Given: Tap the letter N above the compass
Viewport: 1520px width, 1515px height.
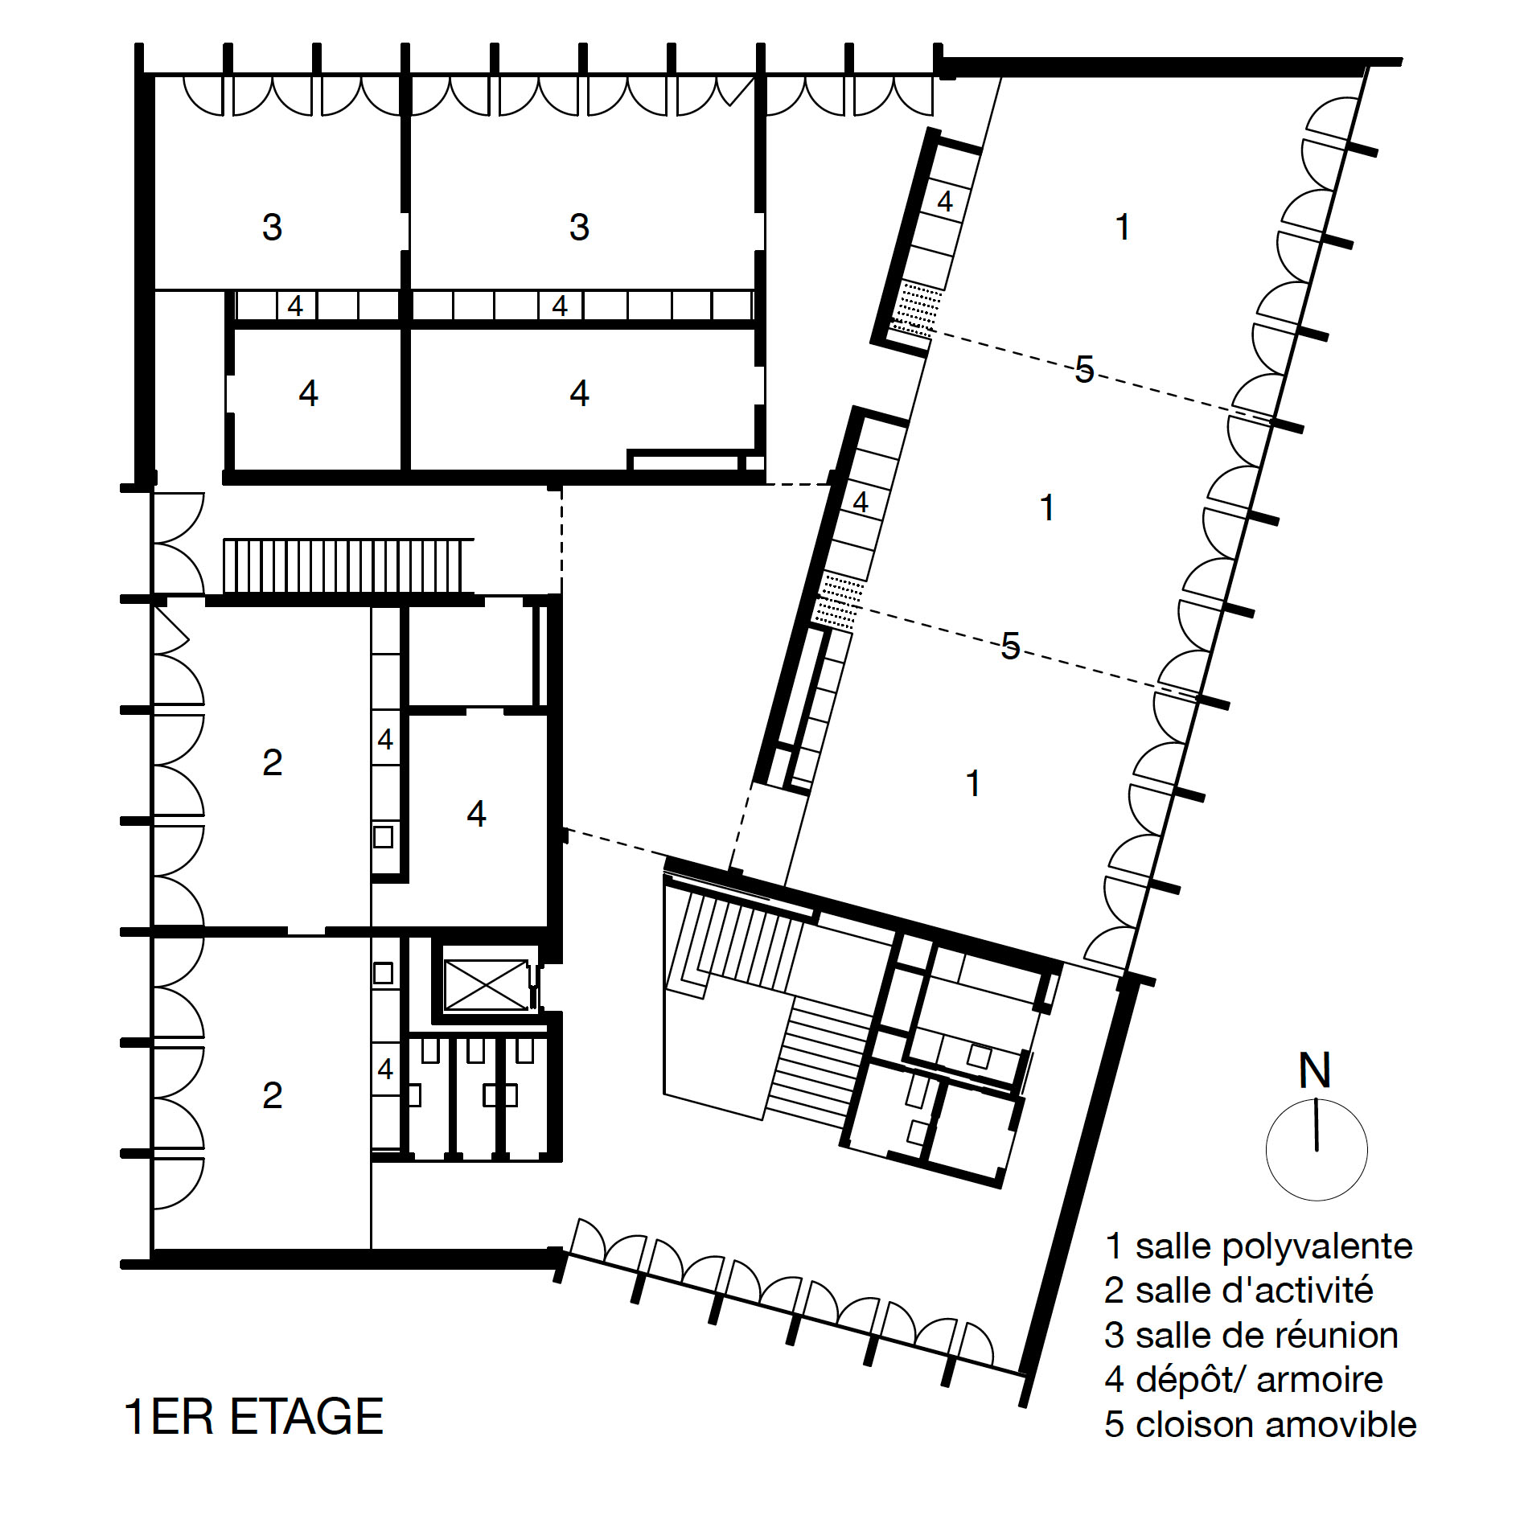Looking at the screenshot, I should pyautogui.click(x=1315, y=1070).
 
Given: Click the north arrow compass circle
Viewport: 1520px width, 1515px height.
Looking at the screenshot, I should pyautogui.click(x=1316, y=1150).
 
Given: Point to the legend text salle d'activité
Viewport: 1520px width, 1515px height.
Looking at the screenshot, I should pyautogui.click(x=1254, y=1291).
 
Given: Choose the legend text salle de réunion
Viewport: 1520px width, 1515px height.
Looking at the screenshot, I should pyautogui.click(x=1266, y=1335).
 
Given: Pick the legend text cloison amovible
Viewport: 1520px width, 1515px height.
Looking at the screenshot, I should pyautogui.click(x=1276, y=1424).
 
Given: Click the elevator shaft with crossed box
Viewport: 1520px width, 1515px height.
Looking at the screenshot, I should pyautogui.click(x=486, y=984).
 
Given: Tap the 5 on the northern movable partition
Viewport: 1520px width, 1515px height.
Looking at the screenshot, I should pyautogui.click(x=1084, y=370).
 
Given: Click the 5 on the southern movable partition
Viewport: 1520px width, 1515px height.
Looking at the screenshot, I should pyautogui.click(x=1010, y=646).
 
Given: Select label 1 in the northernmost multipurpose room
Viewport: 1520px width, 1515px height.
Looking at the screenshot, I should pyautogui.click(x=1123, y=227).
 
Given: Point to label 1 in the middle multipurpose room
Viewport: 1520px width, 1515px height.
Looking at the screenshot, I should pyautogui.click(x=1046, y=507).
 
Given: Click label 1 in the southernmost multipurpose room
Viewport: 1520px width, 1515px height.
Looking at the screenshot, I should pyautogui.click(x=973, y=783).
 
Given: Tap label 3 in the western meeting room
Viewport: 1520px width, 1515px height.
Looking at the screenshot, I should pyautogui.click(x=272, y=227).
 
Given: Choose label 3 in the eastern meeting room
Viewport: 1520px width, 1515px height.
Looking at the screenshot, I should pyautogui.click(x=579, y=227).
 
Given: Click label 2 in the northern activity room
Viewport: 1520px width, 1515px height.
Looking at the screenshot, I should pyautogui.click(x=272, y=762).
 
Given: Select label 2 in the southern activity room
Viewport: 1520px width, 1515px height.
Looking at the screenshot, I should pyautogui.click(x=272, y=1095).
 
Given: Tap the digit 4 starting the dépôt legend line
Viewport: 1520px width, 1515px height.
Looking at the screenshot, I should pyautogui.click(x=1114, y=1379).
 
